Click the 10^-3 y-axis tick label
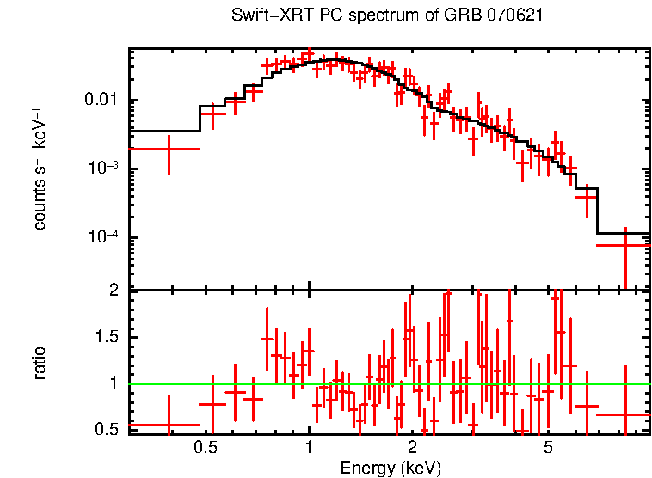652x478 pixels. (x=105, y=168)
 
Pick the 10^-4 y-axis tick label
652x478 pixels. (x=105, y=236)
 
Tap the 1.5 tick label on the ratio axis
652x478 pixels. (x=108, y=337)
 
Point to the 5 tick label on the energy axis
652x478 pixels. (x=548, y=448)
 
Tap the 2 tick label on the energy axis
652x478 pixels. (x=412, y=448)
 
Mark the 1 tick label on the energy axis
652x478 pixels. (x=309, y=448)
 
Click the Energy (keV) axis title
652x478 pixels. (x=391, y=468)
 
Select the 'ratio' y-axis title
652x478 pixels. (x=40, y=363)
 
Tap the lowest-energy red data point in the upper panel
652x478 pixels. (x=169, y=149)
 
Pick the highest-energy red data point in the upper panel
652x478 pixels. (x=625, y=245)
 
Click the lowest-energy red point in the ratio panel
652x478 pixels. (x=169, y=425)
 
